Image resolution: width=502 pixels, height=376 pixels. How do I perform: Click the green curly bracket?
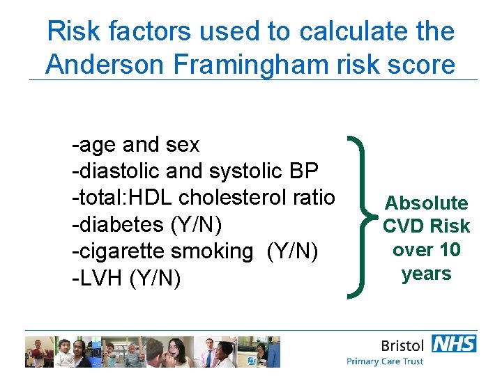(360, 215)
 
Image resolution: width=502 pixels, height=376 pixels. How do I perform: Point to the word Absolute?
(426, 203)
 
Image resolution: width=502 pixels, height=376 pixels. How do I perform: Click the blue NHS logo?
(454, 343)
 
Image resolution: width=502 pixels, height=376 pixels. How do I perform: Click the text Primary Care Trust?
(385, 361)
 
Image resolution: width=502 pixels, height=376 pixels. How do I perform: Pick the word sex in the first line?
(182, 145)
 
